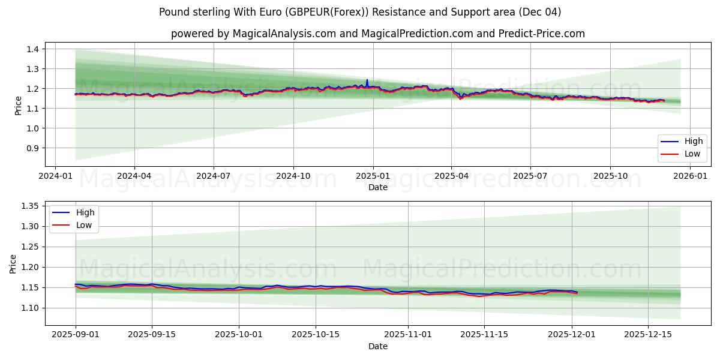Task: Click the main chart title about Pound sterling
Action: coord(360,12)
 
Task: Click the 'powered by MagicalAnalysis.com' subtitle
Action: coord(378,34)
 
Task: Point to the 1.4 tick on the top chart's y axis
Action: coord(32,49)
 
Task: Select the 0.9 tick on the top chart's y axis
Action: coord(32,148)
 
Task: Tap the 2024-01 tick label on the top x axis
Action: coord(55,176)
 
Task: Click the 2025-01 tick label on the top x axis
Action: coord(373,176)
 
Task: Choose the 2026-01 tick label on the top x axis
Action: coord(690,176)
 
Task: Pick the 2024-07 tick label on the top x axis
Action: coord(214,176)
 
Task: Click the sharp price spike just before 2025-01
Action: coord(367,80)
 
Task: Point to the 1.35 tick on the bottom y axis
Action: coord(29,206)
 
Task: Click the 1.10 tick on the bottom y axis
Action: coord(29,308)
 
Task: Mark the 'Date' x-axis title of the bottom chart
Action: coord(378,347)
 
